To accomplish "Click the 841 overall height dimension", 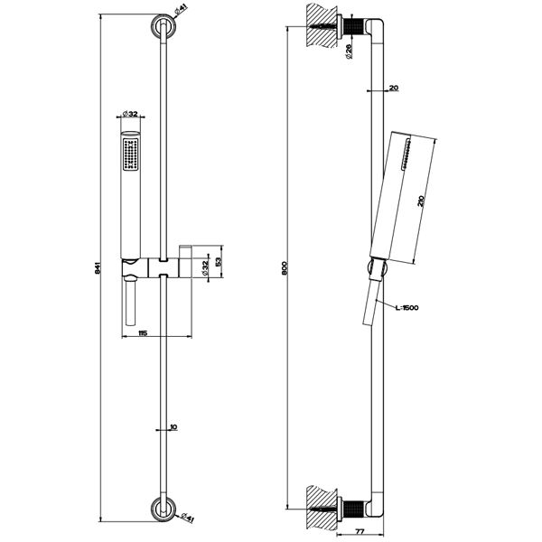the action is click(98, 268).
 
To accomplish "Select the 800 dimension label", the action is click(285, 268).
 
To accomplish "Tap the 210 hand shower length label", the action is click(421, 201).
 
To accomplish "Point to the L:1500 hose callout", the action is click(406, 308).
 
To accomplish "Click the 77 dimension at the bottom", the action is click(360, 532).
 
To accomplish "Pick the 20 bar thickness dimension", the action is click(394, 88).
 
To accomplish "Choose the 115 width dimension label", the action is click(143, 332).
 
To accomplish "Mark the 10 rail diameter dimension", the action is click(173, 427).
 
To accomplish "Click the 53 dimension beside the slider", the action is click(219, 262).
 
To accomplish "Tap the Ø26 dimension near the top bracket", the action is click(349, 51).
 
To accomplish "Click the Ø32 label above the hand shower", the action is click(130, 114).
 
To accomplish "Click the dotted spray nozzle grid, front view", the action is click(131, 154).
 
